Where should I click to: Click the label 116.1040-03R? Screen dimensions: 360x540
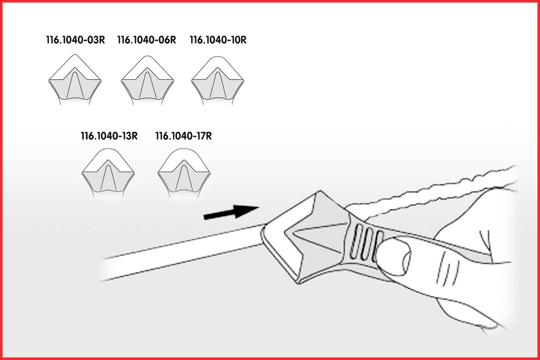click(76, 40)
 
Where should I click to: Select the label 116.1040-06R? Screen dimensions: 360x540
click(146, 40)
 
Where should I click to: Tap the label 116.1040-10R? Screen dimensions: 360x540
click(218, 40)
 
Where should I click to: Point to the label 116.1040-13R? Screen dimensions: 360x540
click(109, 136)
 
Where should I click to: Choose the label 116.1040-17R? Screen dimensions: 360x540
click(184, 136)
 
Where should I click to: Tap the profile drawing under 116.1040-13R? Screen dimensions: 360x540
click(108, 173)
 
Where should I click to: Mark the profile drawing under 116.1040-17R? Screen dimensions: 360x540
click(184, 173)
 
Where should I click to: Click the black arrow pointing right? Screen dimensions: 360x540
click(231, 211)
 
